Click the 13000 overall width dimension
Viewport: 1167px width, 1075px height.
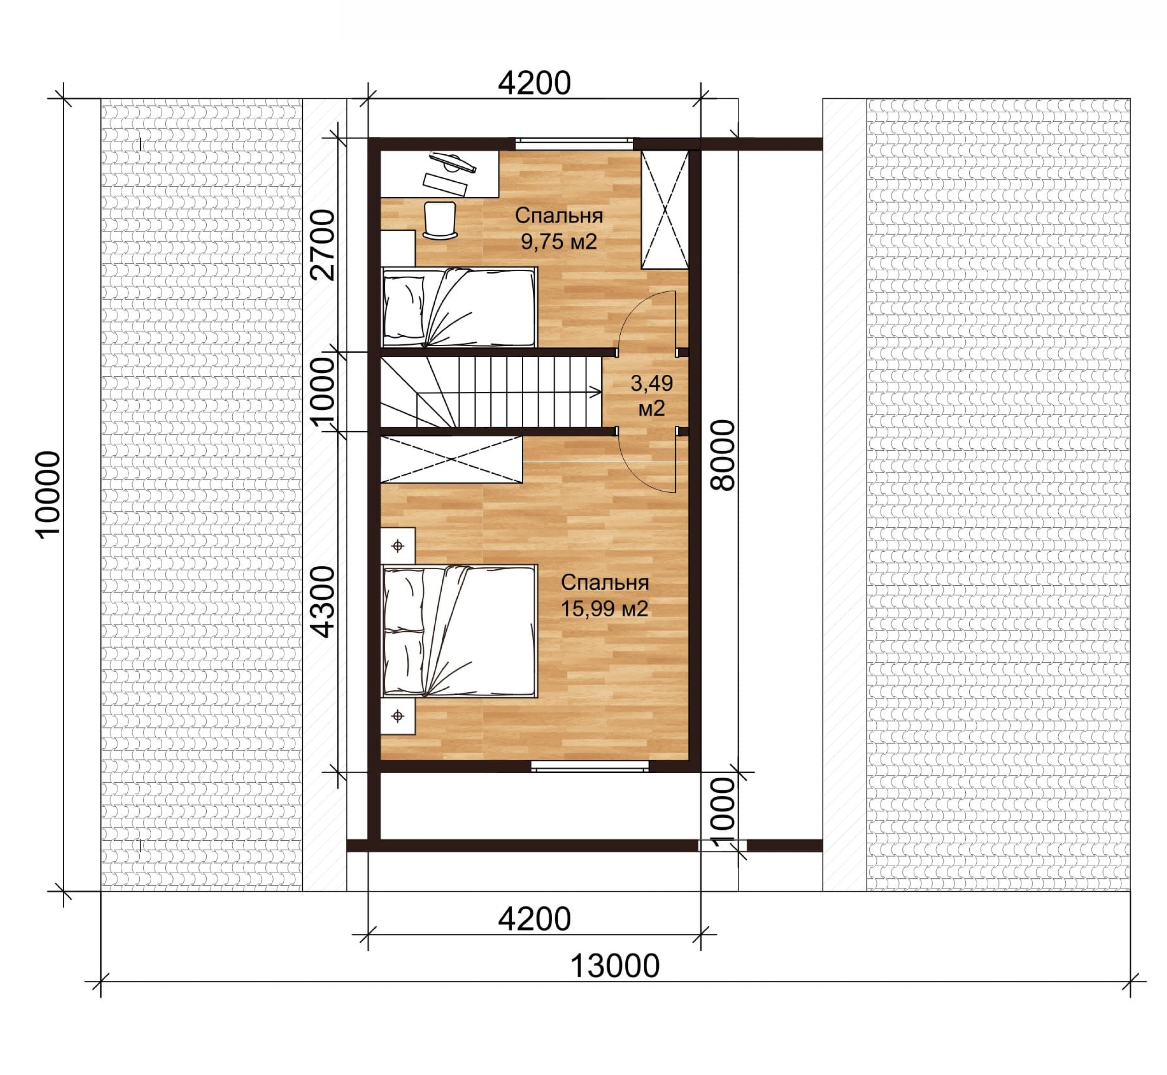(614, 966)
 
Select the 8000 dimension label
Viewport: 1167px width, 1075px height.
(723, 455)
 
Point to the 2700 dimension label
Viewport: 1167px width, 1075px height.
(322, 245)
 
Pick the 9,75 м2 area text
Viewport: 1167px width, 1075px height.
(559, 242)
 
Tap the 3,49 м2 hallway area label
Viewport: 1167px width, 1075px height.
(651, 396)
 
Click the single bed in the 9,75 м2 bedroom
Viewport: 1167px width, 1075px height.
(460, 308)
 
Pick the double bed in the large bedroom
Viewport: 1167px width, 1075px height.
(460, 631)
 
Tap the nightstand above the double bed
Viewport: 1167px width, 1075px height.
(398, 546)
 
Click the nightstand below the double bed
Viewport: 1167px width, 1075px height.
(398, 716)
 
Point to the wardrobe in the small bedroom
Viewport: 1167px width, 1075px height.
(664, 210)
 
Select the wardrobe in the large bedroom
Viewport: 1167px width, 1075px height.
(452, 459)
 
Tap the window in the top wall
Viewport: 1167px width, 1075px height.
(574, 144)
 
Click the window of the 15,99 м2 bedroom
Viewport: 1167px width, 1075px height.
(590, 766)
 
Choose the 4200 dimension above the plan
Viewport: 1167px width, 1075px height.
(534, 83)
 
